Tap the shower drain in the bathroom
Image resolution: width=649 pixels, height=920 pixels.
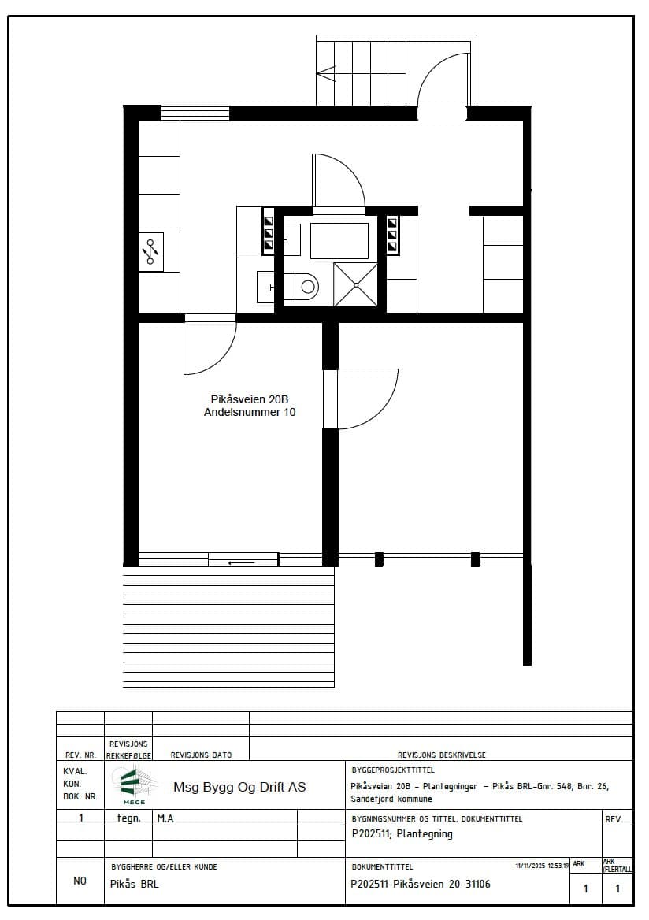355,285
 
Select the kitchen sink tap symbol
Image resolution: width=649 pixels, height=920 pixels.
150,252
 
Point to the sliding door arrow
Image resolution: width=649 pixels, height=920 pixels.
242,563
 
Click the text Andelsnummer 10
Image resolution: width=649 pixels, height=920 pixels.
250,413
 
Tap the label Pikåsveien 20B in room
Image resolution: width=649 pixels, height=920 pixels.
250,399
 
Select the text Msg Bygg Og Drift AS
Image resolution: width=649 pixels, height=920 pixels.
239,788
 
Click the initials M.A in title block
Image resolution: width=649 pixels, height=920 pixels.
165,818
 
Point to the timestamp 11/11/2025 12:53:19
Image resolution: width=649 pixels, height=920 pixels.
542,866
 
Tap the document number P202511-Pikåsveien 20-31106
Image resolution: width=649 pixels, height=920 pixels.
420,885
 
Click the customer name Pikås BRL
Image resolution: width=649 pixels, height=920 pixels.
135,885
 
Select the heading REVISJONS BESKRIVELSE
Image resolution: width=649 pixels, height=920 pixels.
441,755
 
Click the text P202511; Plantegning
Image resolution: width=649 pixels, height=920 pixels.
402,833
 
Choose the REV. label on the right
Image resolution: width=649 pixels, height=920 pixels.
614,819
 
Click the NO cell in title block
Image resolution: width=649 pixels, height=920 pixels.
80,881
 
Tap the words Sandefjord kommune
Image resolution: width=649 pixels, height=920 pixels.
391,799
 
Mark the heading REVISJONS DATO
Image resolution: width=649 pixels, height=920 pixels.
201,755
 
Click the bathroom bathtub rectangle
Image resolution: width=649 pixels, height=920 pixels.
339,240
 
